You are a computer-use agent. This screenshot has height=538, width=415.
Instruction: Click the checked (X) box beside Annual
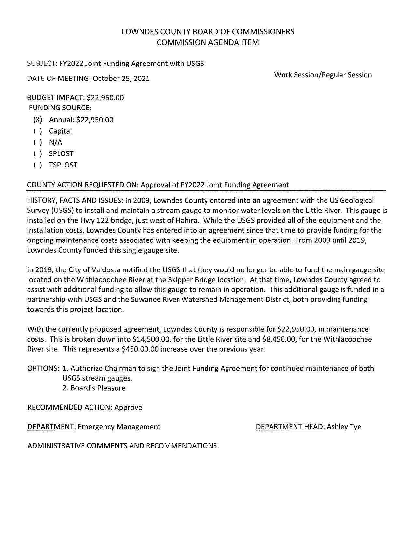pyautogui.click(x=38, y=120)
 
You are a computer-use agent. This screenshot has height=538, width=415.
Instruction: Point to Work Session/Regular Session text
pyautogui.click(x=323, y=75)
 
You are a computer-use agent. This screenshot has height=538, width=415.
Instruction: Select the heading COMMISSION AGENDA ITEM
pyautogui.click(x=208, y=42)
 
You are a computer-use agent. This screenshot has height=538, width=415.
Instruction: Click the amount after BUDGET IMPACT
pyautogui.click(x=105, y=98)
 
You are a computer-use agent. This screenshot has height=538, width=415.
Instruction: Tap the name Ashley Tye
pyautogui.click(x=344, y=427)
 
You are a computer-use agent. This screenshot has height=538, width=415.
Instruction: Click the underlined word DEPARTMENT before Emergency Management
pyautogui.click(x=50, y=427)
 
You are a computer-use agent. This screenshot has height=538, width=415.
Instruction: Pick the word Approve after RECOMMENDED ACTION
pyautogui.click(x=128, y=407)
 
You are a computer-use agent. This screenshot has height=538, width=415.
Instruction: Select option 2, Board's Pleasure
pyautogui.click(x=94, y=388)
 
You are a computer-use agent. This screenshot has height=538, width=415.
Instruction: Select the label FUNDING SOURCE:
pyautogui.click(x=60, y=108)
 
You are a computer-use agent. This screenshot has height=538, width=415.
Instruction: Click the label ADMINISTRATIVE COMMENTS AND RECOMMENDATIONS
pyautogui.click(x=123, y=446)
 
